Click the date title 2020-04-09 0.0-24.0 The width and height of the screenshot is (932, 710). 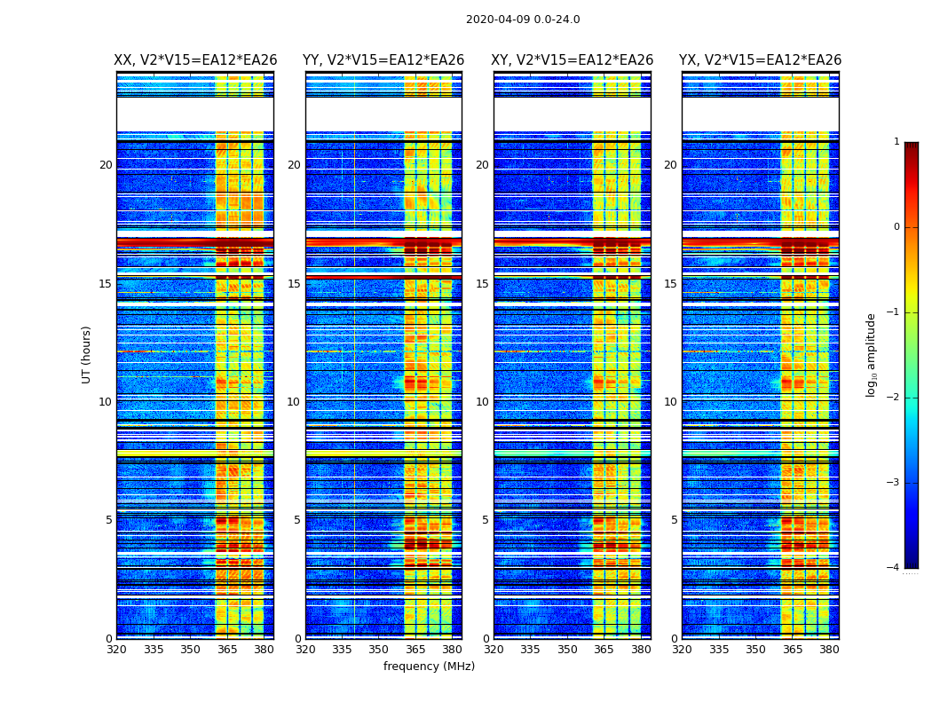[523, 20]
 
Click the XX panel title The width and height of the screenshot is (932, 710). [195, 60]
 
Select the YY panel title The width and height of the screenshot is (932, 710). [383, 60]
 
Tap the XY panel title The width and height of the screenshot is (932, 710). [573, 60]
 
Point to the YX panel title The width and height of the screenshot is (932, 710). [761, 60]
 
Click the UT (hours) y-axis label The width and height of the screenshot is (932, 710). [86, 354]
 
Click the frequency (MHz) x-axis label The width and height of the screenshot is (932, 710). [429, 667]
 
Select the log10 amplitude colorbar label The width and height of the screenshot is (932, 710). [872, 354]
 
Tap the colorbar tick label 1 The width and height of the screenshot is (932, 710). [896, 142]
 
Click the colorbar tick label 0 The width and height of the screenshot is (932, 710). [896, 227]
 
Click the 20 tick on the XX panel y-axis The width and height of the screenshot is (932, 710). [106, 165]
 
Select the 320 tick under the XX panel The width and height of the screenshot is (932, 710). [116, 650]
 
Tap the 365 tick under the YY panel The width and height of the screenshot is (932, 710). [415, 650]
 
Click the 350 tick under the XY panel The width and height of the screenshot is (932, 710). [567, 650]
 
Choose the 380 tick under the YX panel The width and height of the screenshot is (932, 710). [829, 650]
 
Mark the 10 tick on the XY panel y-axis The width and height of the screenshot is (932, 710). [482, 402]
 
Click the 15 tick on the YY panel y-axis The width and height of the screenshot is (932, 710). [294, 284]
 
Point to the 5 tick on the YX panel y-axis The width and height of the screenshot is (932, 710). [674, 520]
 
